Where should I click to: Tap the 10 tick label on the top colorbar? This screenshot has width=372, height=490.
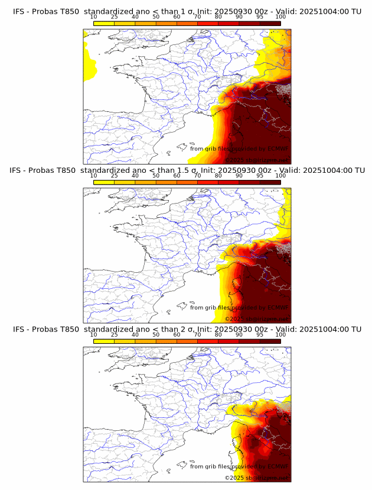(94, 17)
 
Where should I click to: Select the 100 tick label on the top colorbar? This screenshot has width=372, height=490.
(280, 17)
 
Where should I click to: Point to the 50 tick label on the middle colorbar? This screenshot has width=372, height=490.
(156, 176)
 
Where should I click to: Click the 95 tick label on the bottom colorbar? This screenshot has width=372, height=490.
(260, 335)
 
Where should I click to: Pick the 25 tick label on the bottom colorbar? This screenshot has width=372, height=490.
(115, 335)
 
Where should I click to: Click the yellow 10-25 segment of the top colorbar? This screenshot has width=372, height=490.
(104, 23)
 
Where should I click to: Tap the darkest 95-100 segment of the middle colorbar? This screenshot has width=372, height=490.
(270, 182)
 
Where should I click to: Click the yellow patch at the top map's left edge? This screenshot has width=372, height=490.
(90, 59)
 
